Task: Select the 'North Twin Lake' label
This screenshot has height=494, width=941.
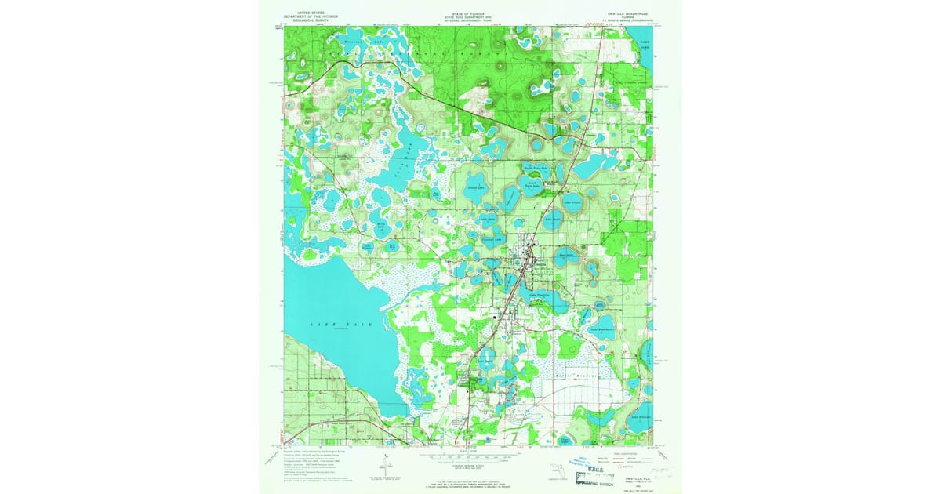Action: pyautogui.click(x=536, y=167)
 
